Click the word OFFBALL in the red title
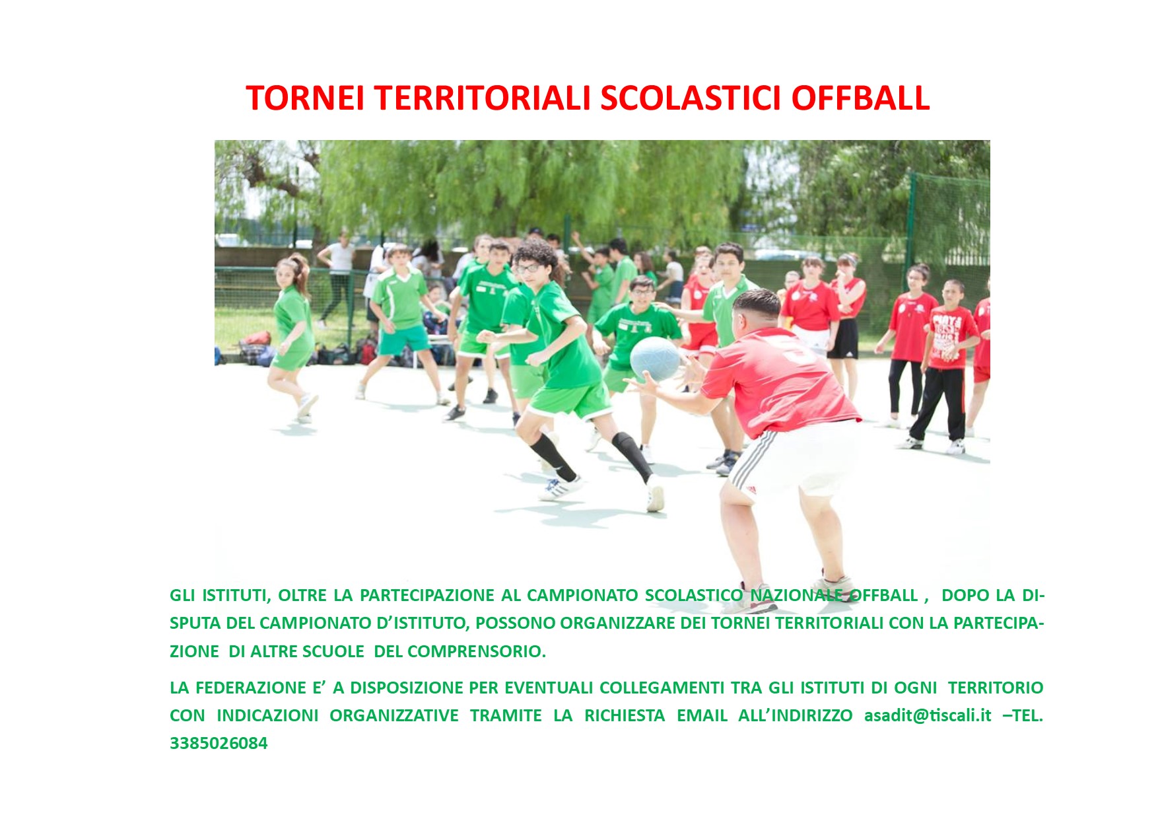860,98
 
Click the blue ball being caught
655,359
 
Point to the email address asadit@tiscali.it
928,715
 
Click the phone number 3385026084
219,743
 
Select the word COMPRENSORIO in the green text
476,651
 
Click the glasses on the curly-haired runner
528,268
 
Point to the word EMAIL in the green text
702,715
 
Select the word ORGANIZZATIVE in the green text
394,715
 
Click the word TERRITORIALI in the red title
482,98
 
